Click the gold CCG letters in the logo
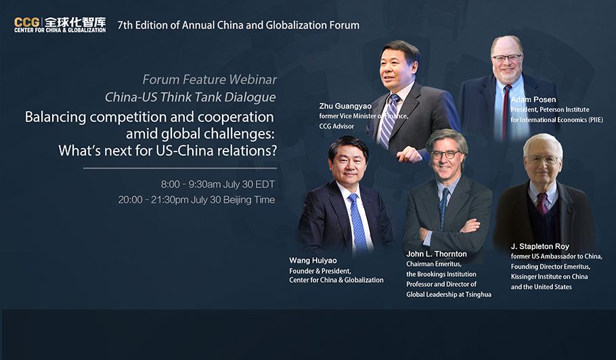(x=26, y=22)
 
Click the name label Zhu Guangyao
(x=345, y=106)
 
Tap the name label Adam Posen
(x=533, y=99)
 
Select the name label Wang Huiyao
(x=313, y=261)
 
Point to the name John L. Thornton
(x=437, y=254)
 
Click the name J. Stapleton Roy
(x=540, y=246)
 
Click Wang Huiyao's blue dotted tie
(x=358, y=224)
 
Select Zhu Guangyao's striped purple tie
(x=388, y=121)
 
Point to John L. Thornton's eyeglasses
(x=446, y=155)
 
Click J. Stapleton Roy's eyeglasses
(x=542, y=160)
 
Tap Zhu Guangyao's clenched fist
(x=409, y=155)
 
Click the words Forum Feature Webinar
(x=209, y=80)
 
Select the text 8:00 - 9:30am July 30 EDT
(x=218, y=184)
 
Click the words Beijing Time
(x=249, y=200)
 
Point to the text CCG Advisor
(x=336, y=126)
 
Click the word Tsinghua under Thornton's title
(x=478, y=294)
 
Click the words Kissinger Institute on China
(x=549, y=277)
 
